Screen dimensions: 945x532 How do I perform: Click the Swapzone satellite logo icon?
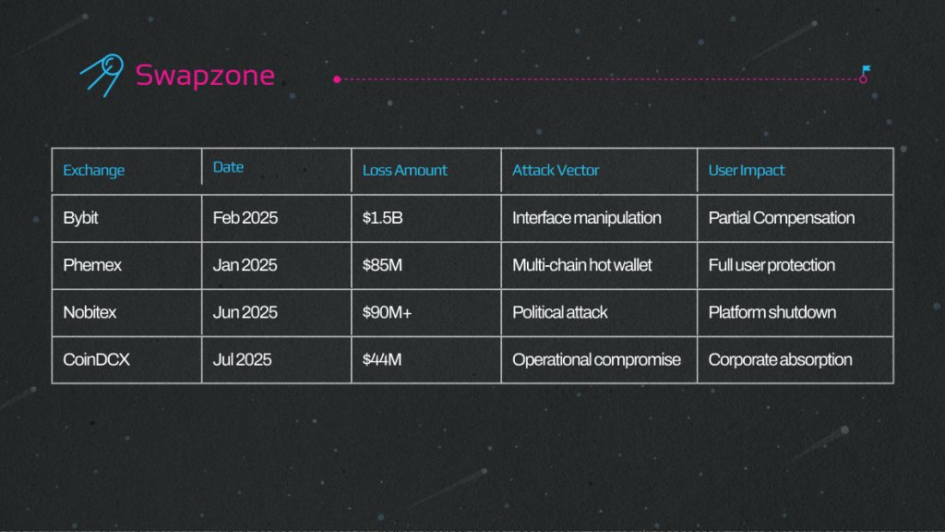[102, 75]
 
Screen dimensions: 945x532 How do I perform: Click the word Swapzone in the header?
[205, 76]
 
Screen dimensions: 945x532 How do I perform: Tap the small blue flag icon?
[866, 70]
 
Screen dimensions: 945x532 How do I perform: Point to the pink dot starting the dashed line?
[338, 79]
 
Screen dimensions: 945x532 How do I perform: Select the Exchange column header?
[93, 170]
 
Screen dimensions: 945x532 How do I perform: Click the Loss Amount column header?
[404, 170]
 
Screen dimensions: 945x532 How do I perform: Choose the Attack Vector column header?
[555, 170]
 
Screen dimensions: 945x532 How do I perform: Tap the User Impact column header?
[746, 170]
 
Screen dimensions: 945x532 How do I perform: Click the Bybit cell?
[80, 218]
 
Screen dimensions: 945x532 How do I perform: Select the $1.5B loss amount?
[382, 218]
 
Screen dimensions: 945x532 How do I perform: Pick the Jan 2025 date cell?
[245, 265]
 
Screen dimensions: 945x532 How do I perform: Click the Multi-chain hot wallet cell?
[581, 265]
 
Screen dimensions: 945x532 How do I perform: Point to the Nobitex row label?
[90, 312]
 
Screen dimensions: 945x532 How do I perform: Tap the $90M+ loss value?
[387, 312]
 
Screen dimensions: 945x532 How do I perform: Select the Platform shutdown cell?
[772, 312]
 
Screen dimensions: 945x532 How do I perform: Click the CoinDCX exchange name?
[96, 359]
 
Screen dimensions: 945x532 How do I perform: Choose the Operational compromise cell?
[596, 360]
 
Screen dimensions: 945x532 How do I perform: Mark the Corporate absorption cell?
[780, 360]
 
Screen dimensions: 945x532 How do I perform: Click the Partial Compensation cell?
[781, 218]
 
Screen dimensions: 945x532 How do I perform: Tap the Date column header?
[228, 167]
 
